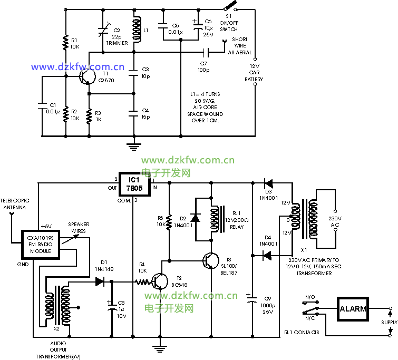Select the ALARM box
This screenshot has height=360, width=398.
pyautogui.click(x=353, y=309)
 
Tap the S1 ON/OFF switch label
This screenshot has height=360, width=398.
pyautogui.click(x=229, y=24)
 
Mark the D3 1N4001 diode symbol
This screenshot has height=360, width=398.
pyautogui.click(x=268, y=183)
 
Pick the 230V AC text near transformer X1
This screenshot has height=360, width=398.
pyautogui.click(x=336, y=222)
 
